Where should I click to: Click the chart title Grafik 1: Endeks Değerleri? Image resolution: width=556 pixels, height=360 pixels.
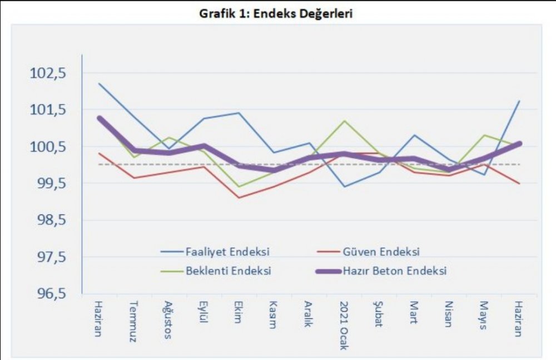point(276,14)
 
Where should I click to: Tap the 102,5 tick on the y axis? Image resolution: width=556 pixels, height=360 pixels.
point(51,73)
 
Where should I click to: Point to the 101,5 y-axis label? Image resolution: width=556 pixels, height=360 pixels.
point(51,110)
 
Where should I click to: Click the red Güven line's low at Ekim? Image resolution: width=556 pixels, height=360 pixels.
point(239,197)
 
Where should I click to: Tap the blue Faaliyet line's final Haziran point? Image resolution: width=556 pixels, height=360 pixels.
point(519,101)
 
